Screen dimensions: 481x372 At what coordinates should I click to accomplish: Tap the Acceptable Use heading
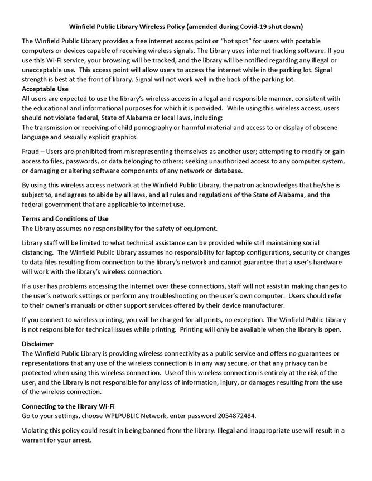(x=45, y=89)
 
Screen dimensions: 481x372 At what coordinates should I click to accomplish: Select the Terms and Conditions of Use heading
(x=65, y=218)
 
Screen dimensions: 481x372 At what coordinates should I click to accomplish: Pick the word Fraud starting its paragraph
(x=32, y=152)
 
